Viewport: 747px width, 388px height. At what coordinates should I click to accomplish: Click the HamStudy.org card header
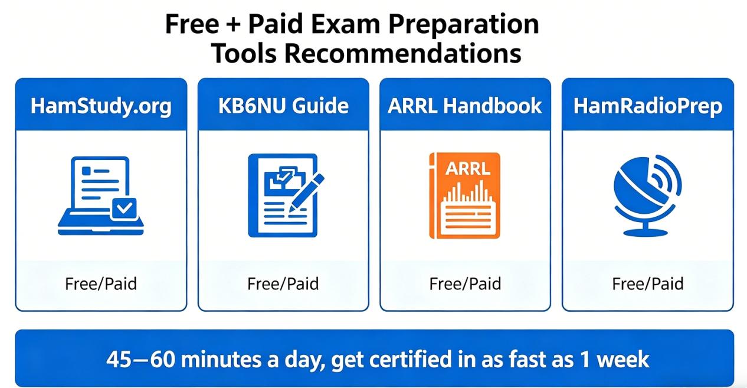coord(101,106)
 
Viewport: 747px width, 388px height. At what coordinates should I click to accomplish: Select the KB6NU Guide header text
coord(283,106)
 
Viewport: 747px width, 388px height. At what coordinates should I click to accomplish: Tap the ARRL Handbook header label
coord(465,106)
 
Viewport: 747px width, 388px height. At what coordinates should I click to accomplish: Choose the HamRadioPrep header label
coord(647,106)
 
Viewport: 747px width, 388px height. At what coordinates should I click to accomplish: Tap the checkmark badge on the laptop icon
coord(125,208)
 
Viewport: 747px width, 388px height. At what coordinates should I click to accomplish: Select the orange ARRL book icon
coord(465,195)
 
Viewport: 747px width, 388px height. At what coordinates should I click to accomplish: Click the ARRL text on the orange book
coord(467,168)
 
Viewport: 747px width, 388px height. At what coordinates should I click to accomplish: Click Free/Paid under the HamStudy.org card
coord(101,284)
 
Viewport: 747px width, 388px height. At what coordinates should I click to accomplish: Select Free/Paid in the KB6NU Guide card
coord(283,284)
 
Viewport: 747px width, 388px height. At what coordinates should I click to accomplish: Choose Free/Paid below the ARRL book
coord(465,284)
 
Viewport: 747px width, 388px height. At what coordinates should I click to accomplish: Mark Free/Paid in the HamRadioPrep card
coord(647,284)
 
